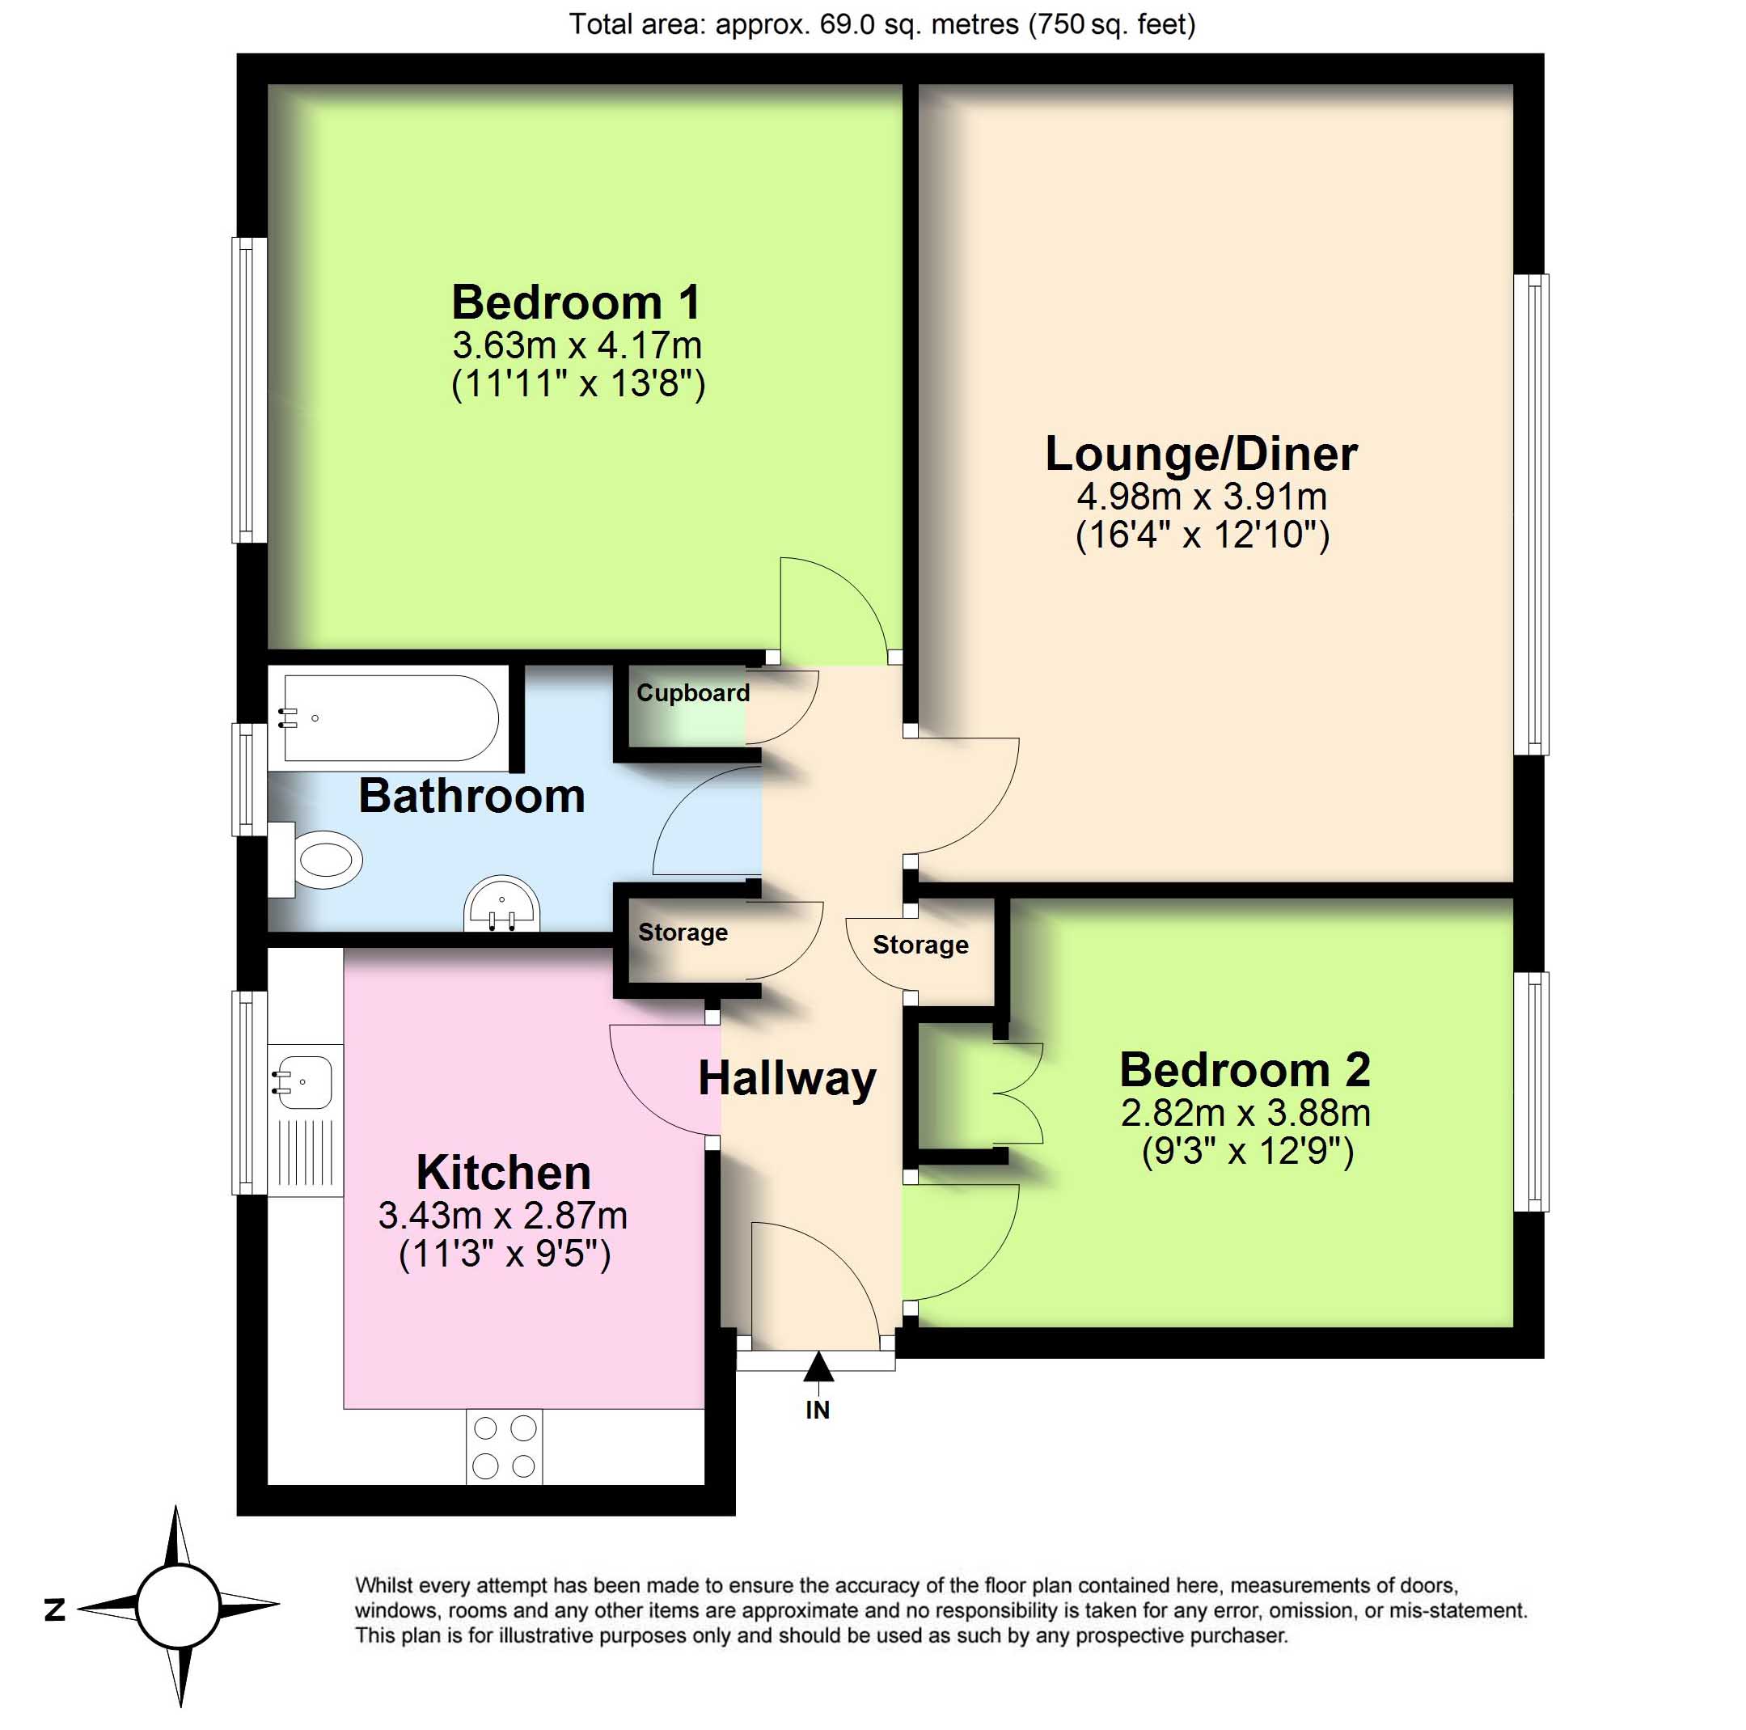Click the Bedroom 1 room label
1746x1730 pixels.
[576, 302]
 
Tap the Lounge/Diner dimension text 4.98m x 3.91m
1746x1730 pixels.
[1201, 497]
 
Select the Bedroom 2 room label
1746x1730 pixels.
[1245, 1069]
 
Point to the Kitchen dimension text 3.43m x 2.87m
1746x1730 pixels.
[502, 1215]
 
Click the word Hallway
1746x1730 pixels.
[786, 1079]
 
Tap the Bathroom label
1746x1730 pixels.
[471, 795]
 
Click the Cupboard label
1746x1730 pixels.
[692, 693]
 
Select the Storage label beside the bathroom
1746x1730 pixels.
[683, 932]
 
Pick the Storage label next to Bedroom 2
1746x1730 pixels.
[920, 945]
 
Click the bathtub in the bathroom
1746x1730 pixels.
[391, 718]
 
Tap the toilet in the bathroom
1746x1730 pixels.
[315, 859]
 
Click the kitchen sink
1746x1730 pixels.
[302, 1082]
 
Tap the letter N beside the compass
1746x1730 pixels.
[55, 1609]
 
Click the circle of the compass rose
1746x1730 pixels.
[178, 1607]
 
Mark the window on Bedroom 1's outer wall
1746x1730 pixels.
[249, 390]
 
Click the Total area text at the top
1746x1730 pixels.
[882, 23]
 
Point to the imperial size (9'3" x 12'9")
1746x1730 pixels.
[1247, 1152]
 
